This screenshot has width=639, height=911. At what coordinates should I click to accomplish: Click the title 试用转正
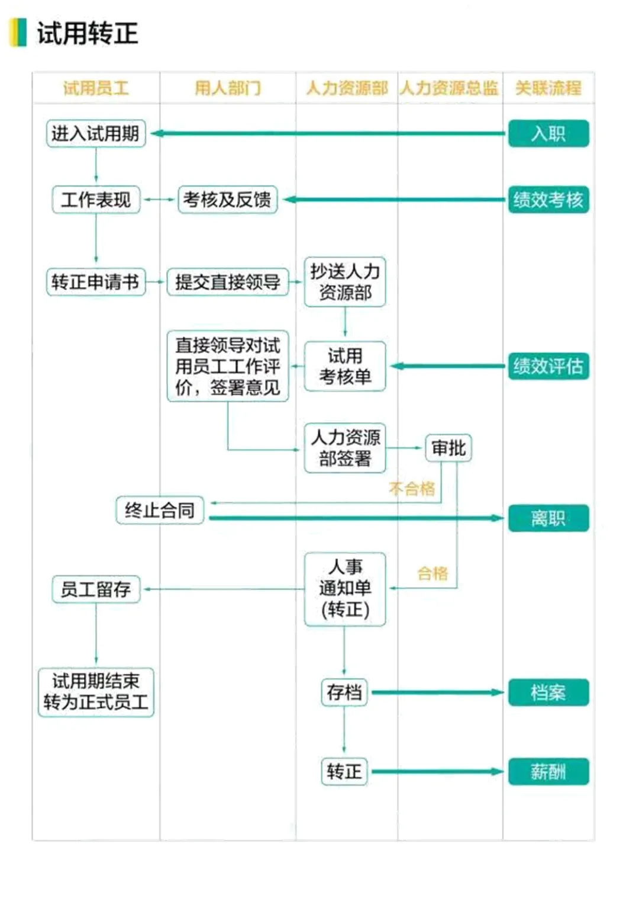tap(87, 33)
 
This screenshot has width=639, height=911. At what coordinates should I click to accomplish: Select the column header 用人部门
tap(228, 88)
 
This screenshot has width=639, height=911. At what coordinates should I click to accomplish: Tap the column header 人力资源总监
tap(449, 88)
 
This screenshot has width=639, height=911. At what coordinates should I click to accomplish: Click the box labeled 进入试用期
tap(96, 133)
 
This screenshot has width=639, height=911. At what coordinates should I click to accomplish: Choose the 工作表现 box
tap(96, 200)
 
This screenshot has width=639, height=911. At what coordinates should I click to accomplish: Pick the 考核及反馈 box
tap(227, 200)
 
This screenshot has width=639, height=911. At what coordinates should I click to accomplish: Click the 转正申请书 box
tap(95, 281)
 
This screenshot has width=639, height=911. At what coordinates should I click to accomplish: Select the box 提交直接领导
tap(227, 282)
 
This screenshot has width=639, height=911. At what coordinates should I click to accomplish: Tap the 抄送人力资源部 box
tap(345, 281)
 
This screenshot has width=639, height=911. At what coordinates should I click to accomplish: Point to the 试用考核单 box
tap(345, 366)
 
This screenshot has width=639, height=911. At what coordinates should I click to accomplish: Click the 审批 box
tap(448, 448)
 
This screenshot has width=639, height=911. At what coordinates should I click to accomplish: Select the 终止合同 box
tap(160, 510)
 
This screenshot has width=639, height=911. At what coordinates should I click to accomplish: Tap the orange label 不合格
tap(412, 489)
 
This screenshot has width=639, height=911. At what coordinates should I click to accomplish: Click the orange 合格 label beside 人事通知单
tap(433, 573)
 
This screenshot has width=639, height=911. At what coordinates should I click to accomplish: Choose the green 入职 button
tap(548, 133)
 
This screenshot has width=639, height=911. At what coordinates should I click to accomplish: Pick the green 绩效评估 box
tap(548, 366)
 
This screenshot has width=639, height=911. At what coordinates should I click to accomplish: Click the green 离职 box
tap(548, 518)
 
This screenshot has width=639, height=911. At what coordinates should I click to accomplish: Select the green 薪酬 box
tap(548, 771)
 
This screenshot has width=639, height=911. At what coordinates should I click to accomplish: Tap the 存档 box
tap(344, 692)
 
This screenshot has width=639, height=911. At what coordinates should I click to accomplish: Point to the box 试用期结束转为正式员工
tap(96, 692)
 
